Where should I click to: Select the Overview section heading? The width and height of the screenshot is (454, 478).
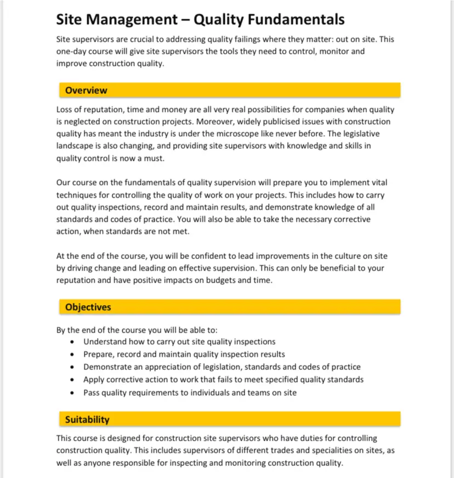(x=86, y=91)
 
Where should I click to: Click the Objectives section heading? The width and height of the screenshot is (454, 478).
(x=88, y=307)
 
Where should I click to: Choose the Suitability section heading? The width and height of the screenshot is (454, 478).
(x=87, y=420)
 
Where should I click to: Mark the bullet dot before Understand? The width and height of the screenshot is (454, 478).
(x=73, y=342)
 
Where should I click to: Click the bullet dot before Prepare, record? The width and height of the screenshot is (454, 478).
(x=73, y=355)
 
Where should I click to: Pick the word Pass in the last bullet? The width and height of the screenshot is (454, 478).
(x=92, y=392)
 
